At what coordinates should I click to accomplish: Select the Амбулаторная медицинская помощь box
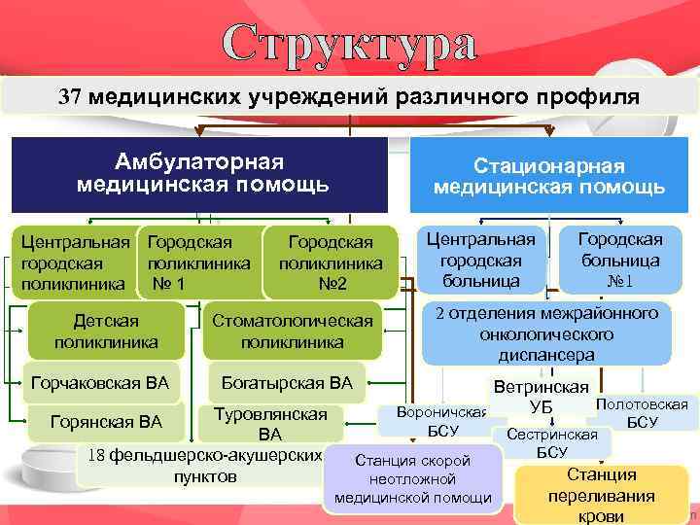201,172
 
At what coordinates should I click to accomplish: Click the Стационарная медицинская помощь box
548,176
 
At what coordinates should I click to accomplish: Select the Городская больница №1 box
620,260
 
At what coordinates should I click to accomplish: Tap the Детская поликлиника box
106,332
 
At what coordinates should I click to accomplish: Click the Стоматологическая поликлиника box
292,332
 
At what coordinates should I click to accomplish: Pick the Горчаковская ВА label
100,382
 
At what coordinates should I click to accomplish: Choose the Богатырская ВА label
287,382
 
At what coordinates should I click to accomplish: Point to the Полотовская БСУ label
642,412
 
